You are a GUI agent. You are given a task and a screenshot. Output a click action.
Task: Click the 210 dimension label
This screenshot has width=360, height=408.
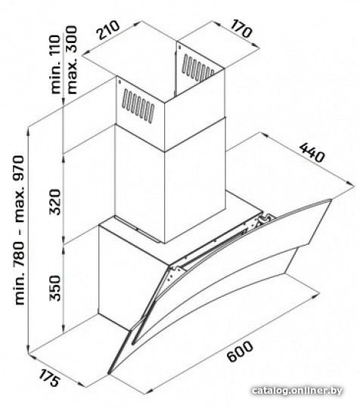[x=108, y=29]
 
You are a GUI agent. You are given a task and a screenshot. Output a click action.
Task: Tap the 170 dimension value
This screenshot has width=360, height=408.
[x=241, y=29]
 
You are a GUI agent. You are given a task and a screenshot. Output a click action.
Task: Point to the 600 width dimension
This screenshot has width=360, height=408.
[x=240, y=351]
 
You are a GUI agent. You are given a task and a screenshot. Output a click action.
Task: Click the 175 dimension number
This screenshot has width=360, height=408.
[x=49, y=378]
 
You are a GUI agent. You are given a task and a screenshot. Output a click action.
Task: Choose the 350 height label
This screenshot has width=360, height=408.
[x=55, y=288]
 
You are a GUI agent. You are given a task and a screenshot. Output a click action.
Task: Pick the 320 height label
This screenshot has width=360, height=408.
[x=55, y=202]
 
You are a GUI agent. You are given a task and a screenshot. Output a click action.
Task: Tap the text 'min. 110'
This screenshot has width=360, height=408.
[x=55, y=64]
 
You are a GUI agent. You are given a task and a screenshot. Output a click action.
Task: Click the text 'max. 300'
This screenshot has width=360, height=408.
[x=71, y=60]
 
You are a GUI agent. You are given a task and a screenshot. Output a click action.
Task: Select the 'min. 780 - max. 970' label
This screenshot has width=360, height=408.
[x=19, y=230]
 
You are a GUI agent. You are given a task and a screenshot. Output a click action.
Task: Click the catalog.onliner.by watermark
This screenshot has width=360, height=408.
[x=297, y=391]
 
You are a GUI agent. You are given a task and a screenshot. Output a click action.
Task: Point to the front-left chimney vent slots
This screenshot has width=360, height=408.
[x=138, y=107]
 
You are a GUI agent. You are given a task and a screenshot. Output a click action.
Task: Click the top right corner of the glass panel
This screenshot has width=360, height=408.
[x=331, y=199]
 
